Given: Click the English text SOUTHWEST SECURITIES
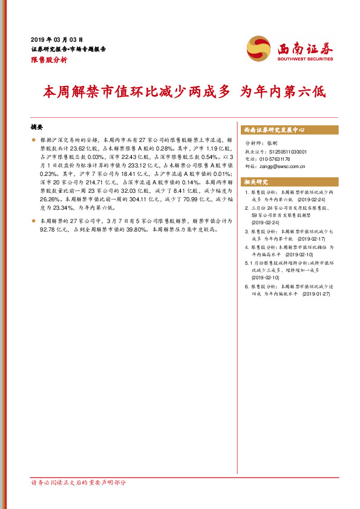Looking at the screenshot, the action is coord(305,59).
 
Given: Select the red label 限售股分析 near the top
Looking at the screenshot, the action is coord(48,60).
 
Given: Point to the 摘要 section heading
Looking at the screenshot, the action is coord(37,127).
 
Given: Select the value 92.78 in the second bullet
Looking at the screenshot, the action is coord(47,230).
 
